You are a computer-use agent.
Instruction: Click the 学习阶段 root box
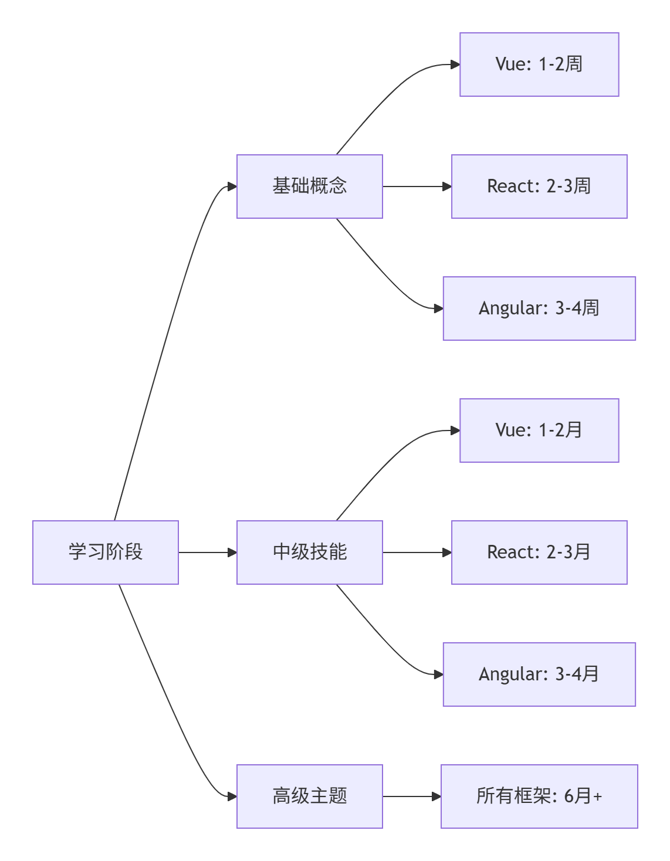[x=106, y=552]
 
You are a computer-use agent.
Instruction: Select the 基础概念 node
[x=309, y=186]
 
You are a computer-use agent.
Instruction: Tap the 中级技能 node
[x=309, y=552]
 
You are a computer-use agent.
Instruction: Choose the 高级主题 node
[x=309, y=796]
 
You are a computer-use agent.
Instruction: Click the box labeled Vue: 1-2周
[x=539, y=64]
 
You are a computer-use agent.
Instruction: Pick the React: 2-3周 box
[x=539, y=186]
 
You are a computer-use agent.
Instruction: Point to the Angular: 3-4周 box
[x=539, y=308]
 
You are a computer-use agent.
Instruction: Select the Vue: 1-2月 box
[x=539, y=430]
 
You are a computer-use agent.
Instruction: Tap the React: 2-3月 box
[x=539, y=552]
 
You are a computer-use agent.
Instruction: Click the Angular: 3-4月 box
[x=539, y=674]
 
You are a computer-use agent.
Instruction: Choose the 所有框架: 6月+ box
[x=539, y=796]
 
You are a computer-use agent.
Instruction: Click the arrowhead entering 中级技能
[x=232, y=552]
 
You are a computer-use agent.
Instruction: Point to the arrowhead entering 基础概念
[x=232, y=187]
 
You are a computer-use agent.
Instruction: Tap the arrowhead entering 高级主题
[x=232, y=796]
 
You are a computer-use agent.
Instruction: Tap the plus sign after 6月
[x=597, y=796]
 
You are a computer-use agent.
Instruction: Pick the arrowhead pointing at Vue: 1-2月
[x=455, y=430]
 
